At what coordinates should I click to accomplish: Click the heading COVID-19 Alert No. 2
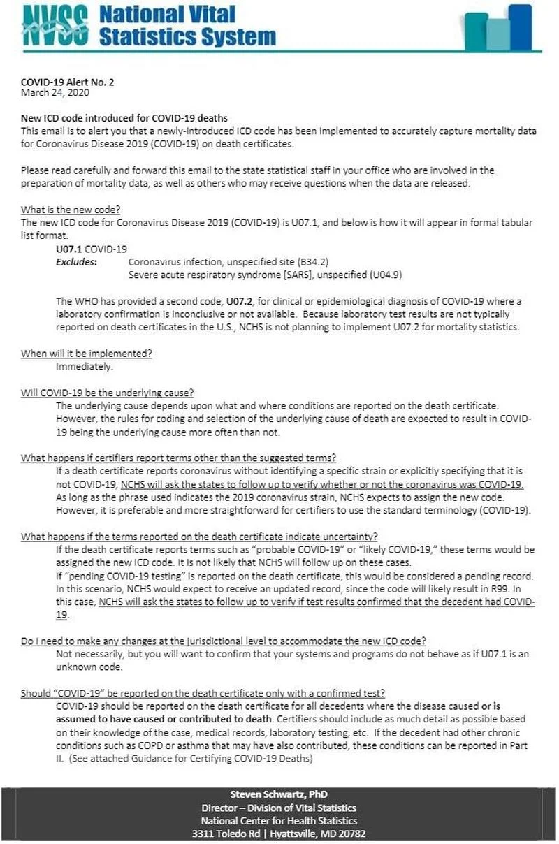point(68,82)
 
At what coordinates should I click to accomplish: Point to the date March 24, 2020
point(55,92)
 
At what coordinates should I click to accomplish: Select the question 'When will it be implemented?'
point(86,354)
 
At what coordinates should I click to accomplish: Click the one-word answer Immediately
point(84,366)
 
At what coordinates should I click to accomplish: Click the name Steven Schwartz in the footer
point(267,795)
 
